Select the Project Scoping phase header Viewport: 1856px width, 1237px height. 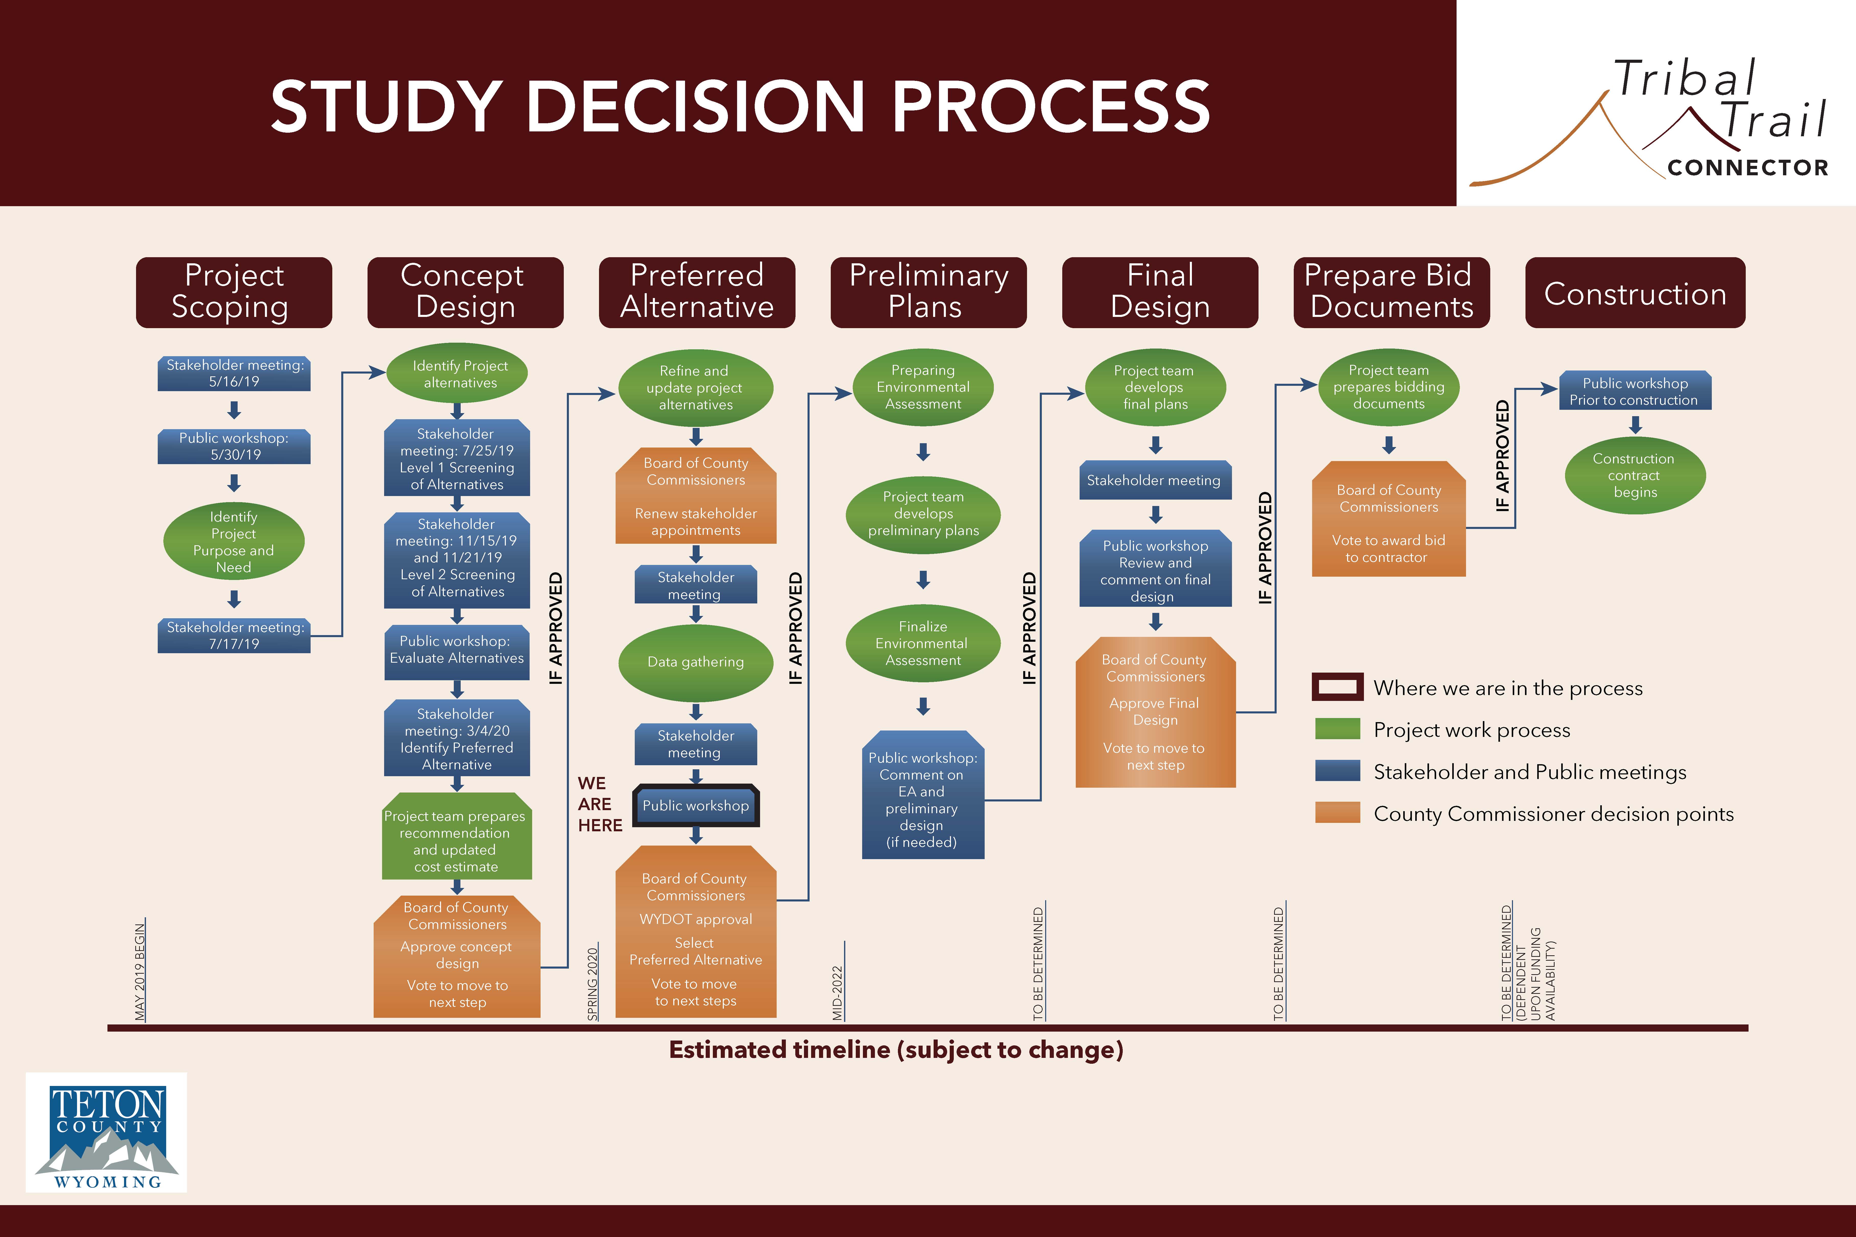234,292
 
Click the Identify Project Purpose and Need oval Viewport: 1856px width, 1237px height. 234,541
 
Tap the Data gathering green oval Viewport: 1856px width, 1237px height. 695,662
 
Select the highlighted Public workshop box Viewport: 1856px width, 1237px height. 695,806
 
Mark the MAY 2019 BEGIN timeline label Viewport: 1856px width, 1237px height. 140,972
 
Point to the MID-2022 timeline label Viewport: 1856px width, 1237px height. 837,993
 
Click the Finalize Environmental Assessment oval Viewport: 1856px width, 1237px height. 922,643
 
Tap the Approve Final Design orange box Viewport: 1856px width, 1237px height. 1155,712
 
